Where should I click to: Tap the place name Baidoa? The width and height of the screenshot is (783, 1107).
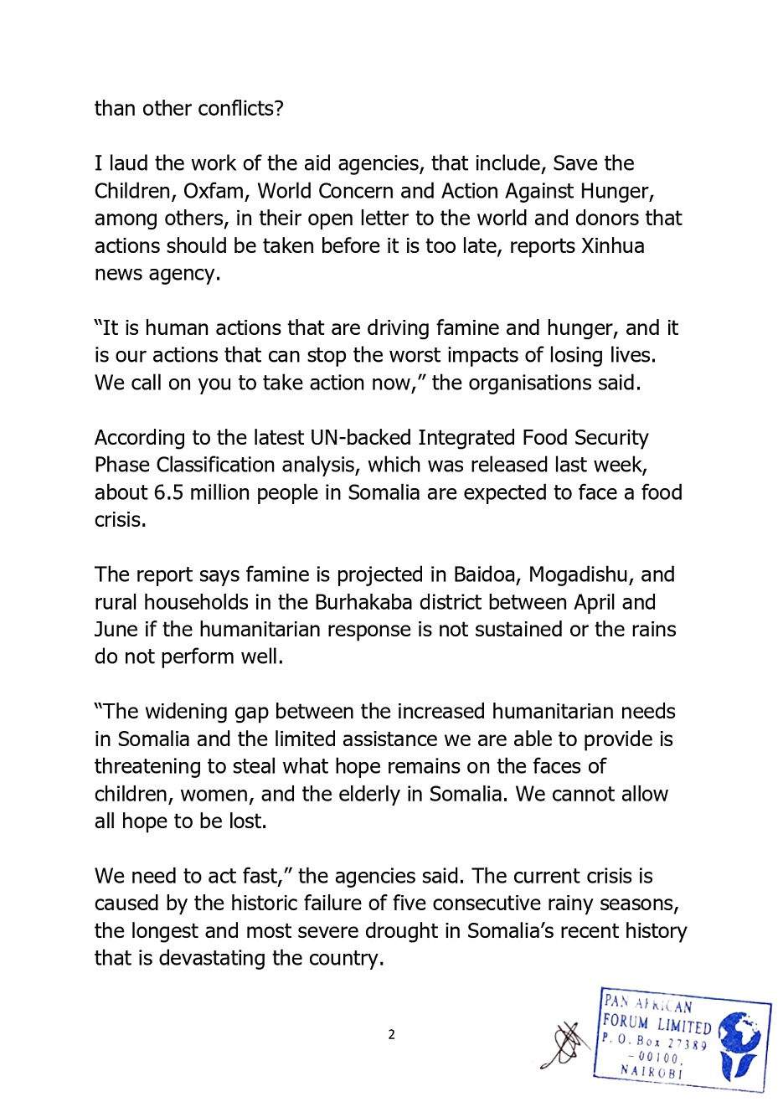coord(485,575)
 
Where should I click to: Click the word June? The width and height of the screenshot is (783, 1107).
coord(117,630)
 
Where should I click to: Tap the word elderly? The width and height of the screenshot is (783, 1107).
coord(363,794)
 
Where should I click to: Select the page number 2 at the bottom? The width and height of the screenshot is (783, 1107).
coord(391,1034)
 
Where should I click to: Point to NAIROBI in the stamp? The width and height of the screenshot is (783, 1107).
coord(651,1071)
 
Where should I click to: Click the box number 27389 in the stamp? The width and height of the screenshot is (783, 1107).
coord(687,1043)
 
